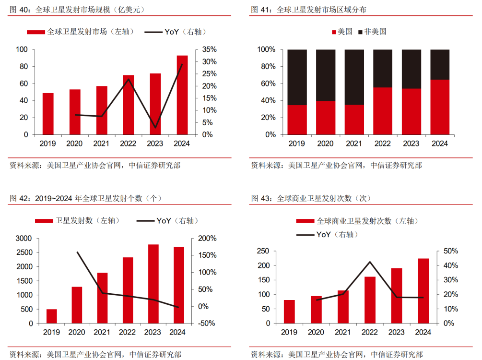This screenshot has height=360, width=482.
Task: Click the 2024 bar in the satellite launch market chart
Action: [x=182, y=95]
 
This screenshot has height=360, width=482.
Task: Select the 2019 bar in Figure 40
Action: [x=48, y=114]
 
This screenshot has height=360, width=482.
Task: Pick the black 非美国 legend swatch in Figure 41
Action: [x=360, y=32]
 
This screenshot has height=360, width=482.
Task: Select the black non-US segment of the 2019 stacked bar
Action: [x=297, y=77]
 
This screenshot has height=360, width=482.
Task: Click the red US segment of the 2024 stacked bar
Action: [x=440, y=107]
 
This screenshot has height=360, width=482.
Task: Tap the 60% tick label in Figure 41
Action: [x=267, y=84]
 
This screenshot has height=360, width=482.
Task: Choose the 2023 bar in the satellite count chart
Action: [x=153, y=284]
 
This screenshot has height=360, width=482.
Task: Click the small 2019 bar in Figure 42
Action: [x=52, y=316]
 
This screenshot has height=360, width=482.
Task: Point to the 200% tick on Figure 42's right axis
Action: [x=207, y=238]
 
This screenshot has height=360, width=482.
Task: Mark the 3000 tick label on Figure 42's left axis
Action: [x=24, y=238]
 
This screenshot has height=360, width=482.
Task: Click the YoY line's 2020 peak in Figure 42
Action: [x=78, y=252]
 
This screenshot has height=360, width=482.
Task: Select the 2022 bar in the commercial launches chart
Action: [x=370, y=300]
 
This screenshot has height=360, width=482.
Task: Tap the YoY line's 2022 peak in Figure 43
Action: [x=370, y=262]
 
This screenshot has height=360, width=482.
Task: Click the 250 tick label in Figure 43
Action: [x=263, y=251]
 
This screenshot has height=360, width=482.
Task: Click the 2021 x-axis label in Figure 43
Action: [x=343, y=332]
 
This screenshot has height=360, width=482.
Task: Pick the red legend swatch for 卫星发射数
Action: [x=45, y=221]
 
